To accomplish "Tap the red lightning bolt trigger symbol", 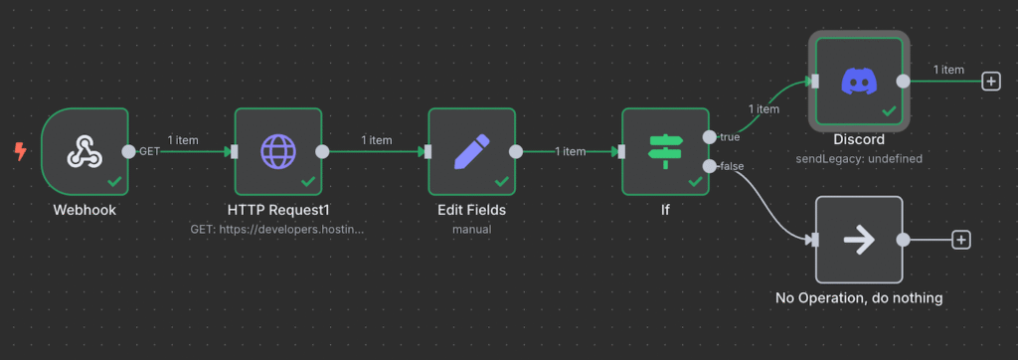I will pos(20,151).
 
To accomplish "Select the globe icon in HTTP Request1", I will pos(278,151).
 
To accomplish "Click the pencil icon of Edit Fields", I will pos(471,151).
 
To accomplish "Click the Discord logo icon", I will pos(858,81).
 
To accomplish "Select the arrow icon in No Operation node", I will pos(858,240).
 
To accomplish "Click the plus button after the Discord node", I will pos(990,82).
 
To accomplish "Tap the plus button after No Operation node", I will pos(960,240).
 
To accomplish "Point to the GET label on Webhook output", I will pos(149,151).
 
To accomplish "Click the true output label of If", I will pos(729,136).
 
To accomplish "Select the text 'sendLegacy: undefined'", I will pos(859,159).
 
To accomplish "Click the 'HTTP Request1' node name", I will pos(278,210).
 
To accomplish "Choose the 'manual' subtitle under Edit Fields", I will pos(471,229).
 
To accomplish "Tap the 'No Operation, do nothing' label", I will pos(859,297).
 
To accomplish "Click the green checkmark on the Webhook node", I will pos(114,181).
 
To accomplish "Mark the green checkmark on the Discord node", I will pos(889,111).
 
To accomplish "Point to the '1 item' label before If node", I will pos(570,151).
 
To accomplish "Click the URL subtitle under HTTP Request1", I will pos(278,229).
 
